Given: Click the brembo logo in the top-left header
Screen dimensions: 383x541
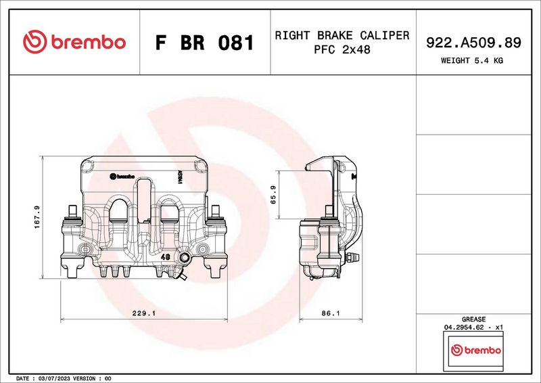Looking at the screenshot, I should click(x=74, y=42).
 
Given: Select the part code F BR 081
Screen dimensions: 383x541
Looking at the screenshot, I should click(x=204, y=43).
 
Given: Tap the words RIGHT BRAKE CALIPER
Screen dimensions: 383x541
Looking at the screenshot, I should click(x=342, y=35).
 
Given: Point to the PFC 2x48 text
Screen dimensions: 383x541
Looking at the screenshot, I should click(x=342, y=49).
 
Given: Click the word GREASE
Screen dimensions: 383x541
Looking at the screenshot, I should click(x=473, y=319).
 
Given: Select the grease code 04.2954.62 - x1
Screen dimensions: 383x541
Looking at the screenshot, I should click(x=473, y=327).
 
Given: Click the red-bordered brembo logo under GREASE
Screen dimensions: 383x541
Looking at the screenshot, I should click(x=475, y=351).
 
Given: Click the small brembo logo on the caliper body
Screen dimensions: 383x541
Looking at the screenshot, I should click(x=122, y=175).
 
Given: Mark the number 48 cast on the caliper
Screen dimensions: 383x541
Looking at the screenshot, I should click(x=165, y=258).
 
